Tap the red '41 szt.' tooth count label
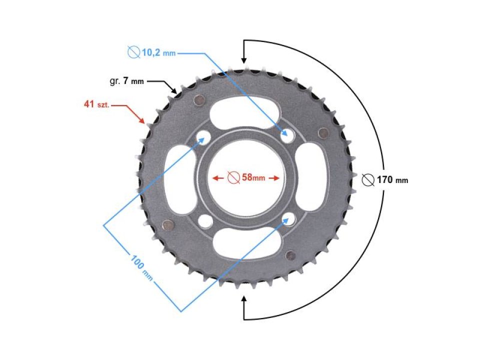(x=96, y=105)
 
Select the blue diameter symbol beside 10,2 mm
(x=133, y=51)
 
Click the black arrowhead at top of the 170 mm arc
(x=244, y=59)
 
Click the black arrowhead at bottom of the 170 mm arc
(x=244, y=299)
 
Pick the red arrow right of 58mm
(x=273, y=177)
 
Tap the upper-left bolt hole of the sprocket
(x=204, y=136)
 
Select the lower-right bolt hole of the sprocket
(x=287, y=217)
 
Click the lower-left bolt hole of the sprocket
(x=204, y=219)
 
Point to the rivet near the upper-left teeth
(x=199, y=99)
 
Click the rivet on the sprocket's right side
(x=323, y=132)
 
